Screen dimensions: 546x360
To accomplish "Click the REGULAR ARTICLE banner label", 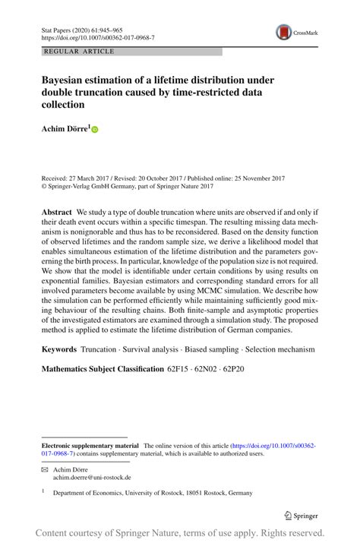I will [79, 52].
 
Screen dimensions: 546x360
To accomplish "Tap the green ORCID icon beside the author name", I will [95, 130].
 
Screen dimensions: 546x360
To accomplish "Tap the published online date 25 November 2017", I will [252, 178].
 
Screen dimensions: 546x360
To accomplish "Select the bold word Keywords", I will [58, 349].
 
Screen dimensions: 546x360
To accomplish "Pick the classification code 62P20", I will [233, 368].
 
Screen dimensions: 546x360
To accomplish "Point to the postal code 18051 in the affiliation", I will [210, 493].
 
